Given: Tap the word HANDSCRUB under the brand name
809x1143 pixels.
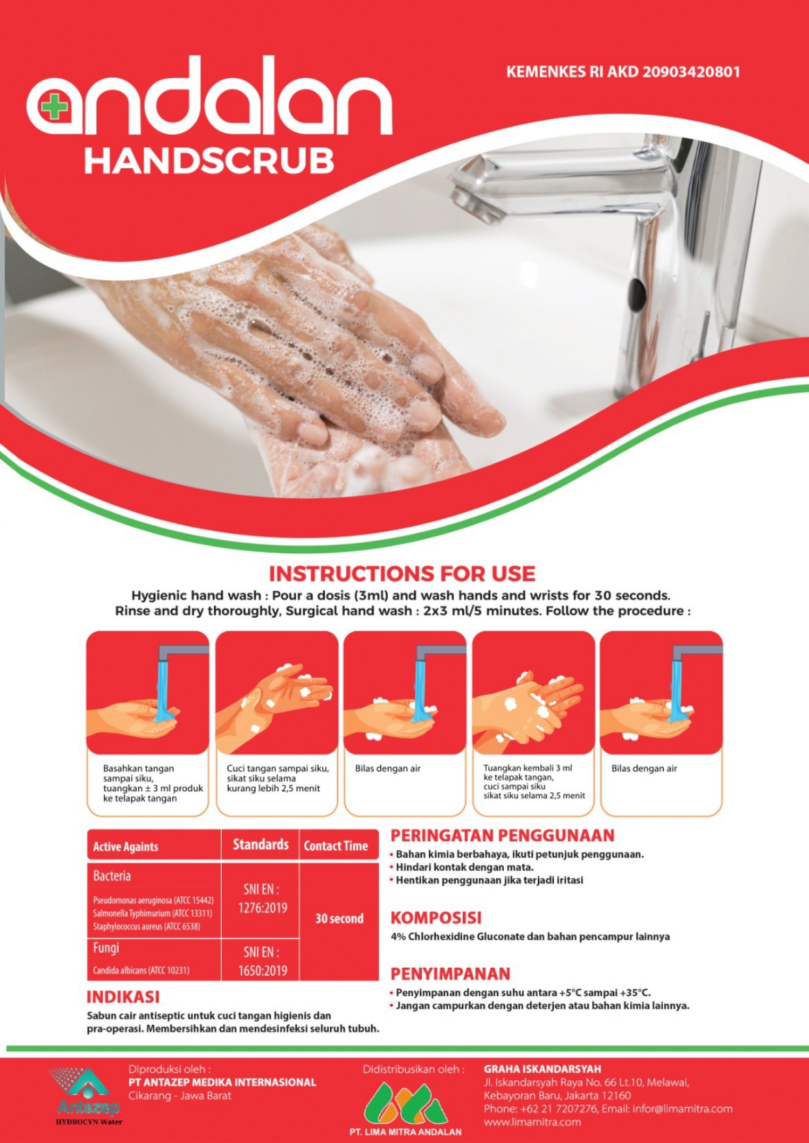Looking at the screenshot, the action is [x=209, y=161].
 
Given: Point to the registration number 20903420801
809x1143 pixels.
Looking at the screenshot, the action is [x=692, y=72].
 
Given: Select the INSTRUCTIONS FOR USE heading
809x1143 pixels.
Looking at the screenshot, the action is [x=402, y=573].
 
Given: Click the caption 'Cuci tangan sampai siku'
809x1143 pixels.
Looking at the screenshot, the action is [x=278, y=768].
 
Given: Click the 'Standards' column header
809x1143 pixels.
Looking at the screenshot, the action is [x=261, y=845].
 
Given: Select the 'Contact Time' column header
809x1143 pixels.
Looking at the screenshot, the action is [x=336, y=846].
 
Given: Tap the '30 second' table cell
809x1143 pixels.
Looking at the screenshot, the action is [x=339, y=918].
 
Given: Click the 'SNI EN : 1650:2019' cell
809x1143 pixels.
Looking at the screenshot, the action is [x=262, y=961].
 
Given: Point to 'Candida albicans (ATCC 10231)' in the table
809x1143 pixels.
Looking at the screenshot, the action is [x=141, y=970].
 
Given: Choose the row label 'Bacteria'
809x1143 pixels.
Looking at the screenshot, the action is [x=111, y=876].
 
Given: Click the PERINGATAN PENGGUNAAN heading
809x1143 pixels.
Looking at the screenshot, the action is [x=502, y=835].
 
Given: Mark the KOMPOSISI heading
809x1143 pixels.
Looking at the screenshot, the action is [x=435, y=918].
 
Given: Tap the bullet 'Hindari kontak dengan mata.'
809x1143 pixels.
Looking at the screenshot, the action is [x=464, y=867].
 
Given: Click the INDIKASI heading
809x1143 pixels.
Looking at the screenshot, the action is [x=123, y=997].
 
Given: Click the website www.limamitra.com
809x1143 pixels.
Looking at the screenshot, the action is [x=532, y=1122].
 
